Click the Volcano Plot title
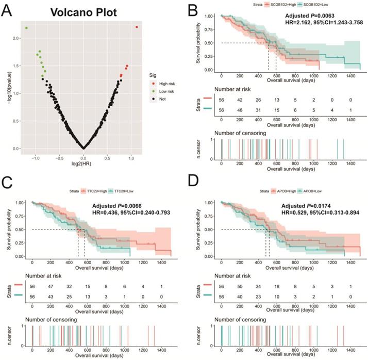83,11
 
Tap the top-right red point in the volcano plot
137,27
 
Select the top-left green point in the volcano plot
26,28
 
